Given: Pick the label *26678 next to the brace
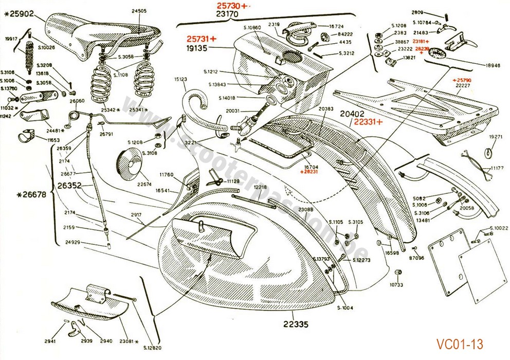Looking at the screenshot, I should (28, 194).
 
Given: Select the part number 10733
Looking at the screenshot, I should (396, 284).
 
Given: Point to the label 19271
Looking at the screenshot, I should (495, 137).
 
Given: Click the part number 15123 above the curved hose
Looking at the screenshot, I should (180, 79).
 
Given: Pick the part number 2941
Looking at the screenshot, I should (50, 341).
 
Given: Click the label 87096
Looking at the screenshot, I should (417, 258).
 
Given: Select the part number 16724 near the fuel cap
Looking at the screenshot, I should (336, 26).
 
